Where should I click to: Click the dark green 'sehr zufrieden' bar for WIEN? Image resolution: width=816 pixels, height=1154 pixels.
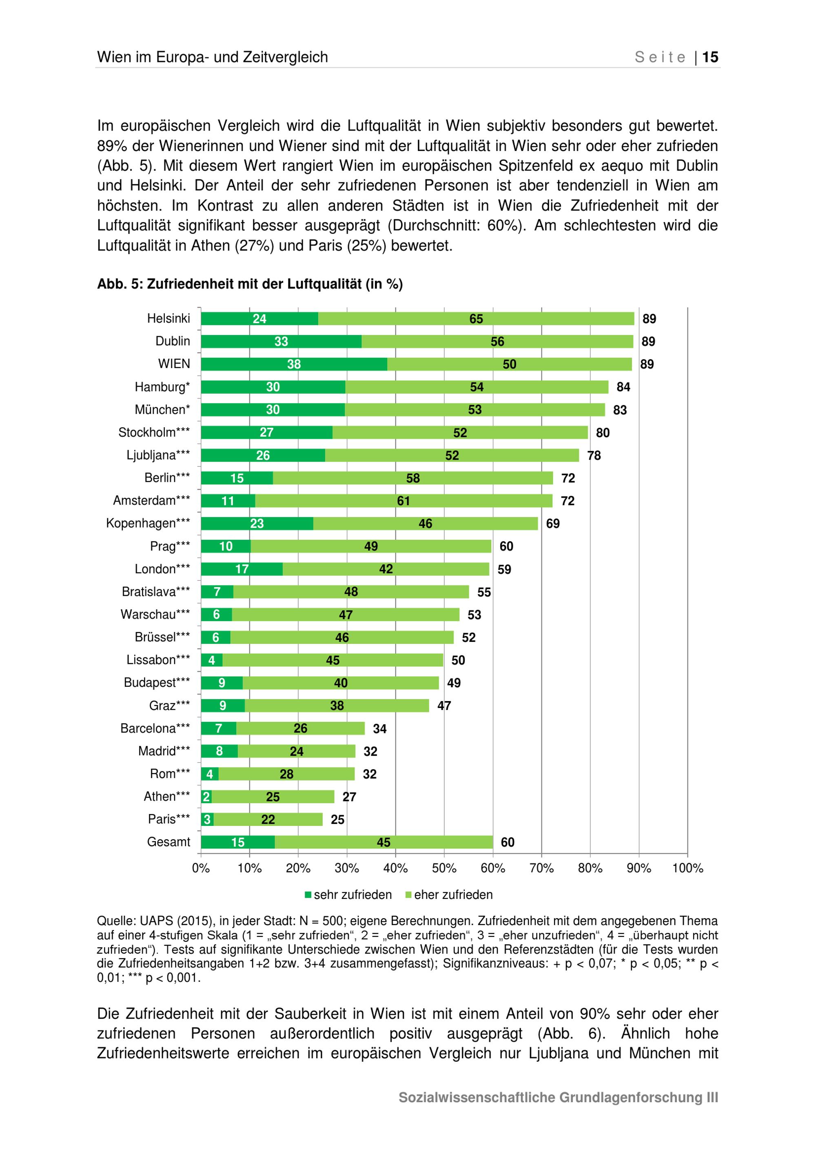pyautogui.click(x=293, y=364)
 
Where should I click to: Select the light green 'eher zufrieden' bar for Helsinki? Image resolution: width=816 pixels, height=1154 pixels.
pyautogui.click(x=476, y=319)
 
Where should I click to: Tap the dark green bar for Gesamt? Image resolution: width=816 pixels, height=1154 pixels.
pyautogui.click(x=238, y=842)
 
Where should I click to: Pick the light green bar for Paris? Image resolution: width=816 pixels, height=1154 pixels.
pyautogui.click(x=268, y=819)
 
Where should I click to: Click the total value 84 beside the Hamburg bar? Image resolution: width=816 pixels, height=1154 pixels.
pyautogui.click(x=623, y=387)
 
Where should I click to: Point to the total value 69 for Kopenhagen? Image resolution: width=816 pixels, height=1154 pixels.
pyautogui.click(x=553, y=524)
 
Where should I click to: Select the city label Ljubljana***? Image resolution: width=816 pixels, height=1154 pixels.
pyautogui.click(x=158, y=455)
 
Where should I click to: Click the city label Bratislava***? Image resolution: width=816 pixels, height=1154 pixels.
pyautogui.click(x=156, y=592)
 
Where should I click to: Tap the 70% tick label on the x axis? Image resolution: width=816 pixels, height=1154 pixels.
pyautogui.click(x=541, y=868)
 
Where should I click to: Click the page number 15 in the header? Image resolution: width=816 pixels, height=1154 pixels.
pyautogui.click(x=710, y=57)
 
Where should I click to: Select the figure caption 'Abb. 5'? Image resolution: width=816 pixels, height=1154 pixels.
pyautogui.click(x=119, y=284)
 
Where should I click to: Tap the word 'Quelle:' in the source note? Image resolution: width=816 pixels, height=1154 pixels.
pyautogui.click(x=116, y=921)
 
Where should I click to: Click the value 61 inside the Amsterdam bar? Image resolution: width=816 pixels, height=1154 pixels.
pyautogui.click(x=403, y=501)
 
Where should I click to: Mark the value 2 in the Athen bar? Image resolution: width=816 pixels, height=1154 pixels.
pyautogui.click(x=206, y=797)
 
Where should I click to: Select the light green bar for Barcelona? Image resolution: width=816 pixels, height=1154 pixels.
pyautogui.click(x=300, y=728)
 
